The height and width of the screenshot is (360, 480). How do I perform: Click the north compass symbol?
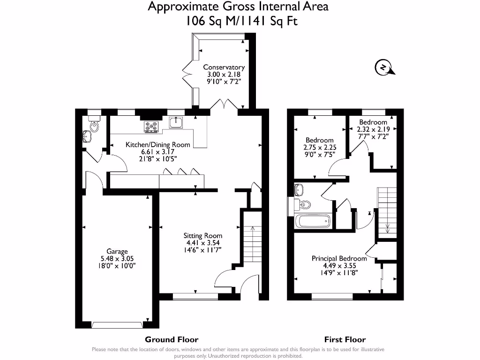(x=384, y=68)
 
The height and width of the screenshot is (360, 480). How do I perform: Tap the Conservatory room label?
(x=224, y=67)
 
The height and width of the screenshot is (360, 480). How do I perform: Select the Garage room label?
(x=116, y=251)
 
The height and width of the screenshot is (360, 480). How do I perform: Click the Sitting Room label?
(x=202, y=235)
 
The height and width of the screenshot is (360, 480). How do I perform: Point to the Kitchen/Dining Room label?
(x=157, y=144)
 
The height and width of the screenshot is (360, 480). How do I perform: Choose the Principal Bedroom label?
(x=339, y=258)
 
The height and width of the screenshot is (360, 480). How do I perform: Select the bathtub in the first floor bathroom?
(x=313, y=221)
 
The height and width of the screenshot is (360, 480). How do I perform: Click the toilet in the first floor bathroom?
(x=304, y=205)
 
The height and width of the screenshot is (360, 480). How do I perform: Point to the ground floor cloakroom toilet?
(x=94, y=126)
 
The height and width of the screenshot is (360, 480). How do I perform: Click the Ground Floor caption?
(x=172, y=339)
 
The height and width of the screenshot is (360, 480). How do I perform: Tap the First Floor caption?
(x=345, y=339)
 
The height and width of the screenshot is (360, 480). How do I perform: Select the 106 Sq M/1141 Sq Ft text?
(x=239, y=21)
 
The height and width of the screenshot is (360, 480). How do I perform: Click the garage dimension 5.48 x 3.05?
(x=116, y=258)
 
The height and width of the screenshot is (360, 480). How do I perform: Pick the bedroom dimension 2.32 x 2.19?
(x=373, y=129)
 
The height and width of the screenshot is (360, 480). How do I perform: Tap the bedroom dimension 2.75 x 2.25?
(x=320, y=147)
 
